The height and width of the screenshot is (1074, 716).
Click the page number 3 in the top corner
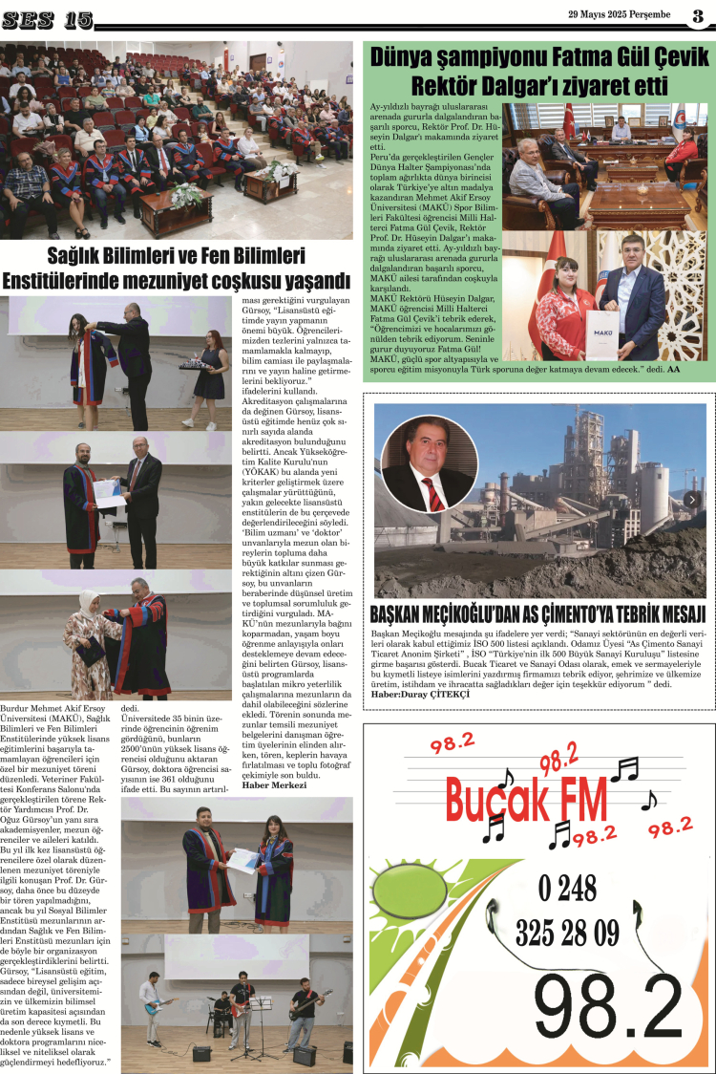[x=698, y=15]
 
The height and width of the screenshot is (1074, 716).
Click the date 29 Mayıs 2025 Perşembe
[x=620, y=14]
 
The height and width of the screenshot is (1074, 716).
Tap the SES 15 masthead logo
[x=48, y=19]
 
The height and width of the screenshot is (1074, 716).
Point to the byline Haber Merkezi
[x=268, y=785]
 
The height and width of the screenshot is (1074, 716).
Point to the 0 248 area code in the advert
[x=567, y=890]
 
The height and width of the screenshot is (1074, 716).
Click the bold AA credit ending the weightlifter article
[x=673, y=369]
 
